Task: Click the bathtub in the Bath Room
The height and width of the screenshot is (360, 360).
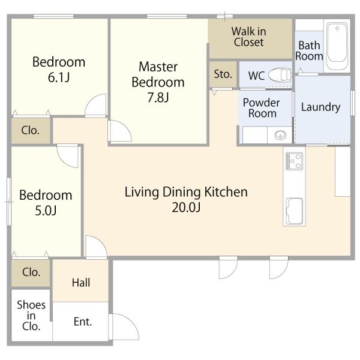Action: coord(337,46)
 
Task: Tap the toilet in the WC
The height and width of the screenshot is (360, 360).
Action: coord(280,75)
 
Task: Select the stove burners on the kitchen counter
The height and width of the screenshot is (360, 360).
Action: coord(294,161)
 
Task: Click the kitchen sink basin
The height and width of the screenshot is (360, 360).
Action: coord(295,211)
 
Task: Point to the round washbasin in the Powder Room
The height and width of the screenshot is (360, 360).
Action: coord(280,135)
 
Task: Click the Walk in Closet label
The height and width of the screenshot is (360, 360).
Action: coord(249,37)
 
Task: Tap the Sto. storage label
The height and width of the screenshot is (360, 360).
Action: coord(223,74)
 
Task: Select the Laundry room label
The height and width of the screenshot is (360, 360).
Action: coord(320,107)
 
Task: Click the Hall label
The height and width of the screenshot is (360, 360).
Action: coord(81,283)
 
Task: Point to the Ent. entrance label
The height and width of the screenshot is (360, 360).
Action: coord(83,322)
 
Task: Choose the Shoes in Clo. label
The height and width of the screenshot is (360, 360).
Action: coord(31,316)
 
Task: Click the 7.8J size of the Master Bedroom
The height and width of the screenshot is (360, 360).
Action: coord(158,97)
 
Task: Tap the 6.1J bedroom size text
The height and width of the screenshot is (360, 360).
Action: coord(59,77)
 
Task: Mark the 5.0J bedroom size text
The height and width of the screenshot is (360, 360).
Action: coord(46,211)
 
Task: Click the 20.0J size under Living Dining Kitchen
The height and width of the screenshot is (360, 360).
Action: coord(186,208)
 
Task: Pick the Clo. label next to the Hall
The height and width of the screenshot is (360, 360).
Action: coord(31,272)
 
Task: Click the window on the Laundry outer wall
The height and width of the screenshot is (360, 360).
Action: coord(353,103)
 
